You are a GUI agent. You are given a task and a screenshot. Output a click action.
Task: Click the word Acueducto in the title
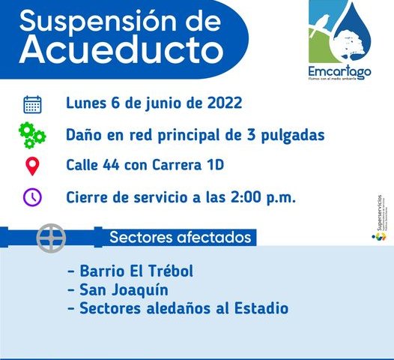tap(121, 50)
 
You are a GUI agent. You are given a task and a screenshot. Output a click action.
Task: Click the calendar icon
tap(32, 103)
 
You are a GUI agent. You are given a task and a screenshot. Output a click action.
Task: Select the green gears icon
tap(32, 135)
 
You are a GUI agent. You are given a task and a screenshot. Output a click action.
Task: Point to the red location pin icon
tap(32, 166)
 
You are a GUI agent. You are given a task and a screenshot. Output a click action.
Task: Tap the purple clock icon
tap(32, 196)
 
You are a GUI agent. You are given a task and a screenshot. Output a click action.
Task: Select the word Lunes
tap(88, 103)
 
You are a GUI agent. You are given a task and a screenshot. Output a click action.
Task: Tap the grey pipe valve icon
tap(51, 238)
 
